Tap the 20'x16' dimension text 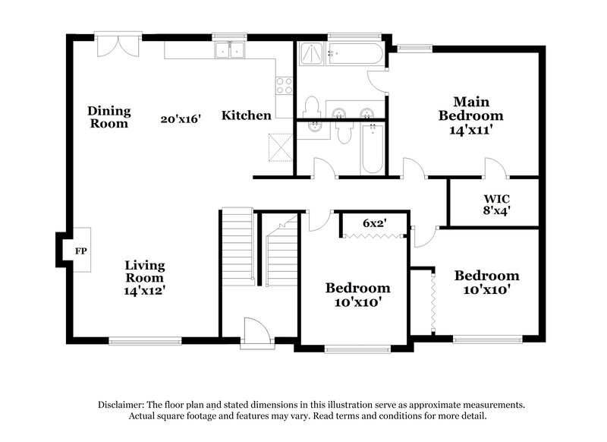[x=181, y=119]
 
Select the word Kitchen [x=247, y=115]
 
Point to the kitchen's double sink [x=229, y=50]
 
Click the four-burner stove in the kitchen [x=284, y=86]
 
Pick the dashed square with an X [x=280, y=144]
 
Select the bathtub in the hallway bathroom [x=371, y=148]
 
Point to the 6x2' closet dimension [x=374, y=223]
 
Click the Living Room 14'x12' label [x=145, y=277]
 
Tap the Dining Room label [x=109, y=116]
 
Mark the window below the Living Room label [x=144, y=340]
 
